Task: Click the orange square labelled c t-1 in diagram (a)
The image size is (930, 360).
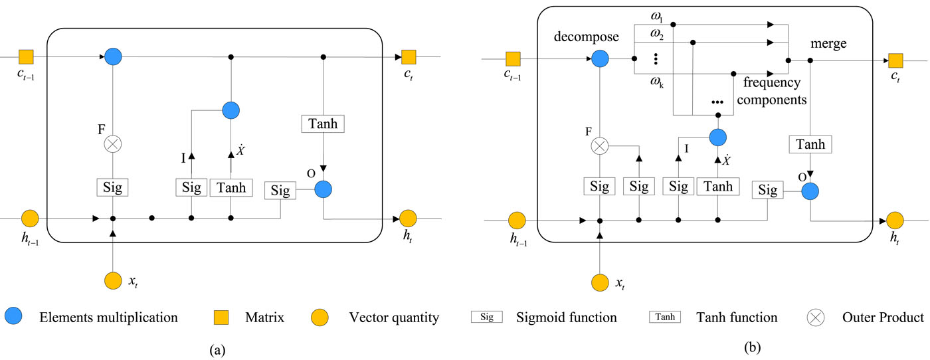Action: point(26,56)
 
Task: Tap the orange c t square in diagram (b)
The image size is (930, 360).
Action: point(896,61)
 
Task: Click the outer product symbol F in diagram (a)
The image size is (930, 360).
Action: point(113,143)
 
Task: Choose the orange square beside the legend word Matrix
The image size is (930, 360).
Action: point(221,317)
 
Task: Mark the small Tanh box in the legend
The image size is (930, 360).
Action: point(665,317)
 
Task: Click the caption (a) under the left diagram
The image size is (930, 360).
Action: point(215,348)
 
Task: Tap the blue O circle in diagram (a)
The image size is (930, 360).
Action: point(322,189)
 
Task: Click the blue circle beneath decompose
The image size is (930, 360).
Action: point(600,59)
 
